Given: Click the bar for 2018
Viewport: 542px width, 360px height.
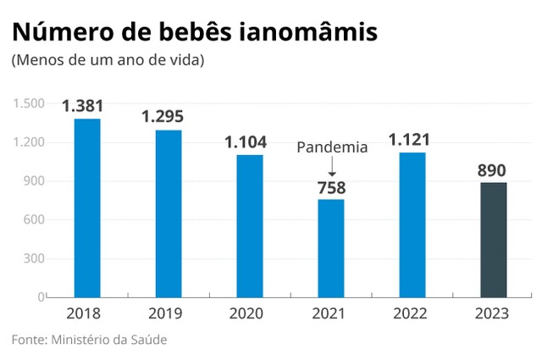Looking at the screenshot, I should pyautogui.click(x=87, y=208).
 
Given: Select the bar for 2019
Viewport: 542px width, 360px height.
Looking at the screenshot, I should pyautogui.click(x=169, y=213).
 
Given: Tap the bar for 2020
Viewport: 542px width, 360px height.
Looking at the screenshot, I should pyautogui.click(x=250, y=226).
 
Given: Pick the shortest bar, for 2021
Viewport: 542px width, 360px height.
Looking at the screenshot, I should pyautogui.click(x=331, y=248).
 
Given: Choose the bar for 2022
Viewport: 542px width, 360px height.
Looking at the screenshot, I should pyautogui.click(x=412, y=224).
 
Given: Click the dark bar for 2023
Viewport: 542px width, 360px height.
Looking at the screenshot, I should pyautogui.click(x=493, y=240).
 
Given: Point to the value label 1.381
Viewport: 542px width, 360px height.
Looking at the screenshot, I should pyautogui.click(x=87, y=107).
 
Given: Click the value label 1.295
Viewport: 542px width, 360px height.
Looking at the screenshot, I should pyautogui.click(x=169, y=117).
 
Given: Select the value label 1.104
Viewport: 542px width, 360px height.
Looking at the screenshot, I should pyautogui.click(x=250, y=142).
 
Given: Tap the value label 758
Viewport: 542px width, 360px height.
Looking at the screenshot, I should pyautogui.click(x=331, y=186).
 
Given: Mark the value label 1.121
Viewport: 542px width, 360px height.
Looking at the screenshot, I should pyautogui.click(x=412, y=140).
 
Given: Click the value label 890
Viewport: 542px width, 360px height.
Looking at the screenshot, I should pyautogui.click(x=493, y=169).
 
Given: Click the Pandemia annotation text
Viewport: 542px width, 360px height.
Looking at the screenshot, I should pyautogui.click(x=332, y=147).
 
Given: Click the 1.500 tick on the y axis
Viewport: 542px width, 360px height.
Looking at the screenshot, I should pyautogui.click(x=28, y=103).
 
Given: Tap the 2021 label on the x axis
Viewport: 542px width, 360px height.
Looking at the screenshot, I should pyautogui.click(x=331, y=313).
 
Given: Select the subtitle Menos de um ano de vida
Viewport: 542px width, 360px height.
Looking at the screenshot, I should pyautogui.click(x=108, y=61).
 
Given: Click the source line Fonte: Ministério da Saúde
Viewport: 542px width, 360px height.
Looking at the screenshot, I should pyautogui.click(x=89, y=340).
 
